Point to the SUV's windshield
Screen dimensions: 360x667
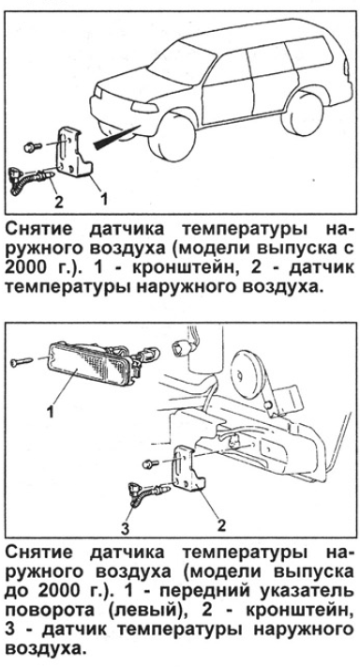point(182,64)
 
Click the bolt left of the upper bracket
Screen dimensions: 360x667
point(32,146)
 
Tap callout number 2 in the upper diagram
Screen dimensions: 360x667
point(58,201)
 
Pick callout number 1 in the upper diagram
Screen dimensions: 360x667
point(103,198)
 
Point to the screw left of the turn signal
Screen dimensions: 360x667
point(22,362)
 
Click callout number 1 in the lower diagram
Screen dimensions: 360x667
point(50,411)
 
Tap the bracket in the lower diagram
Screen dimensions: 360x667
point(187,467)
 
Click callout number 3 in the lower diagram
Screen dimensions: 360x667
point(125,530)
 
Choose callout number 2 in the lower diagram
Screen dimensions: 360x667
point(221,525)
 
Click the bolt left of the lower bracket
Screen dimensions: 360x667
point(151,462)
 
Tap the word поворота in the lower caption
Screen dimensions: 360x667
point(51,610)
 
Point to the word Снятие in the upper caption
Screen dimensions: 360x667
point(43,230)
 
